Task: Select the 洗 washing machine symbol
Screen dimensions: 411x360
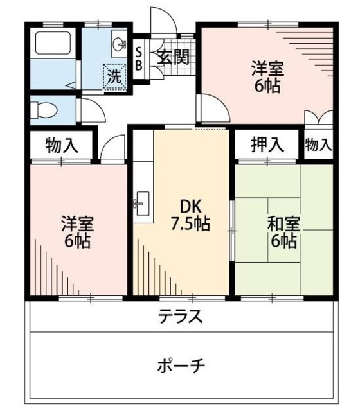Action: (x=114, y=76)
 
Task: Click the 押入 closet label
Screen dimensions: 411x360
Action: (x=267, y=145)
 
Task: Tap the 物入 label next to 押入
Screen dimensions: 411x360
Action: (x=318, y=145)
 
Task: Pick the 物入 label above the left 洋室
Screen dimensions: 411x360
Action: (x=62, y=145)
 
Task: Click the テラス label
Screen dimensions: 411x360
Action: (x=181, y=316)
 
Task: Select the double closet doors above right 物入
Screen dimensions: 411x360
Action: (x=318, y=121)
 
